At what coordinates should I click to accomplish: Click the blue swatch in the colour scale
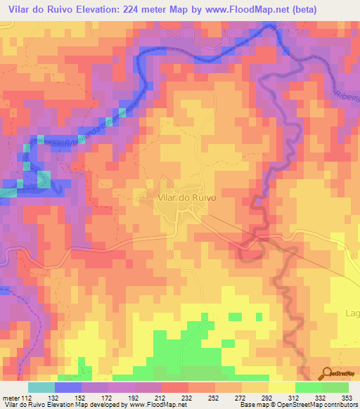pos(68,387)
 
